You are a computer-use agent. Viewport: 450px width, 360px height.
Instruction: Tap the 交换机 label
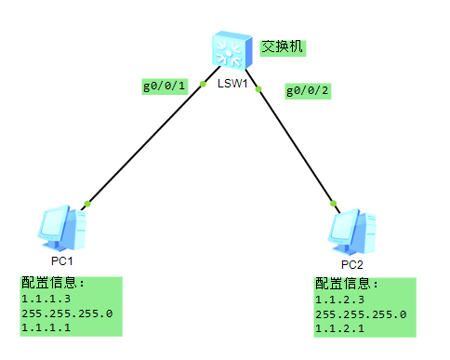click(283, 47)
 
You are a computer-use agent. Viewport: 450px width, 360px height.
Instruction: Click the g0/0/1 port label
click(165, 87)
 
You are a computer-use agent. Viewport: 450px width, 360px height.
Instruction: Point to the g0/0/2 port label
click(308, 90)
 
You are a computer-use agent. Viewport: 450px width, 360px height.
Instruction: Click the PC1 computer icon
click(62, 229)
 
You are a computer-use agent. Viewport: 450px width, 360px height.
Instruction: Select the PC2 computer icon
click(354, 231)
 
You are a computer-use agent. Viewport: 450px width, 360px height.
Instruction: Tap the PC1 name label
click(62, 261)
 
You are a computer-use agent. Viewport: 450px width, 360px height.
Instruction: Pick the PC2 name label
click(352, 263)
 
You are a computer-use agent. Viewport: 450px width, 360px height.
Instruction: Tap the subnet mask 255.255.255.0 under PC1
click(66, 314)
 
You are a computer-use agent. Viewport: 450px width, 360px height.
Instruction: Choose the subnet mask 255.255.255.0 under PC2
click(361, 314)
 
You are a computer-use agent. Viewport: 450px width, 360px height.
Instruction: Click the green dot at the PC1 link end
click(86, 204)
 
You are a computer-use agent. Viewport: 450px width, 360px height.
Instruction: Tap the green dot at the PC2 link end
click(332, 202)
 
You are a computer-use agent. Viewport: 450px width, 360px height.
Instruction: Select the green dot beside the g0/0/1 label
click(203, 85)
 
